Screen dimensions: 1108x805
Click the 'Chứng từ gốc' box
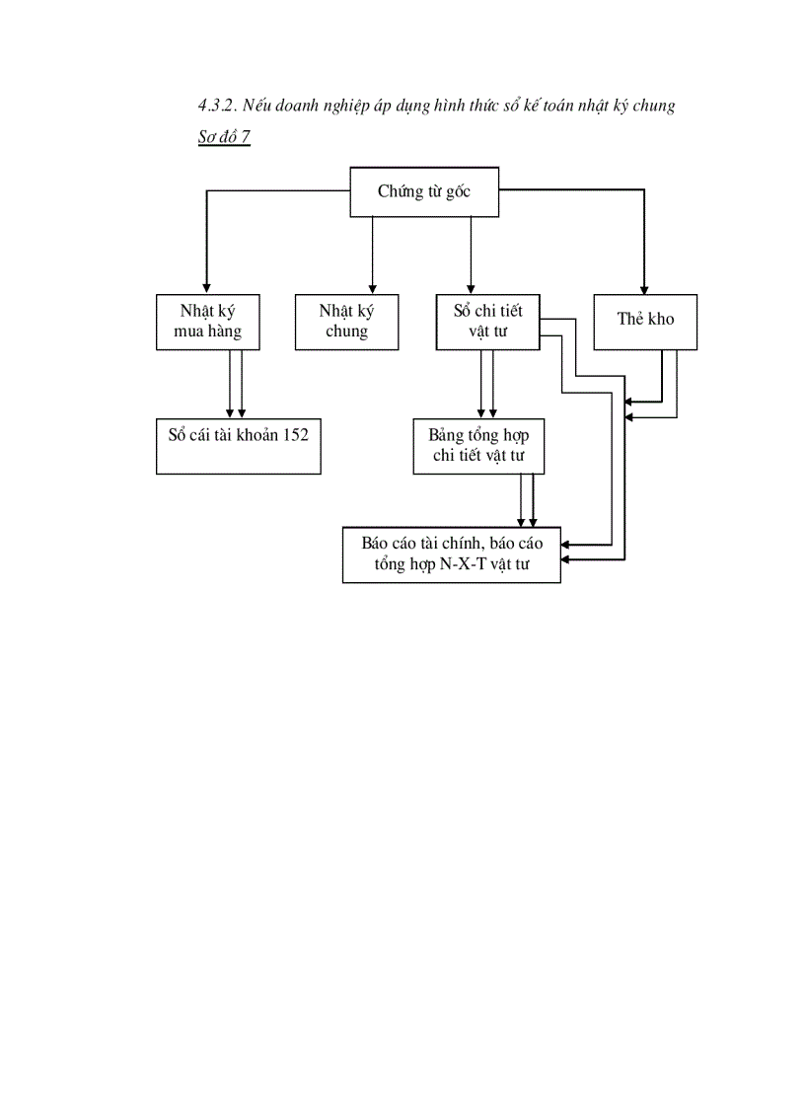424,191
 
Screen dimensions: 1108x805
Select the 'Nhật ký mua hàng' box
207,322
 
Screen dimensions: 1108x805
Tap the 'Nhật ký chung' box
346,322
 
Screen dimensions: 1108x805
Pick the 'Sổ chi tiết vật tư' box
487,322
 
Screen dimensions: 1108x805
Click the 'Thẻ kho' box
645,322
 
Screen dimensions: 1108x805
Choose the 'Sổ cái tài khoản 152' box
238,446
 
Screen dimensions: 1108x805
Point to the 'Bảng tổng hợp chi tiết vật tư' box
477,445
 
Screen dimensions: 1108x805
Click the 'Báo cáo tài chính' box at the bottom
451,555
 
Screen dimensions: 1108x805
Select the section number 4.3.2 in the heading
217,106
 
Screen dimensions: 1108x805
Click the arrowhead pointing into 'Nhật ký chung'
372,289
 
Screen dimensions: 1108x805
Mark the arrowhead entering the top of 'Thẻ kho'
644,289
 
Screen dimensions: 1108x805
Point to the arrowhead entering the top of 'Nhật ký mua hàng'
206,289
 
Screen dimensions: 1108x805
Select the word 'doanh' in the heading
298,106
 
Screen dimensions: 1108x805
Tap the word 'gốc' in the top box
457,191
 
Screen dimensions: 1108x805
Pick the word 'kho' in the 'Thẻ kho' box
661,319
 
